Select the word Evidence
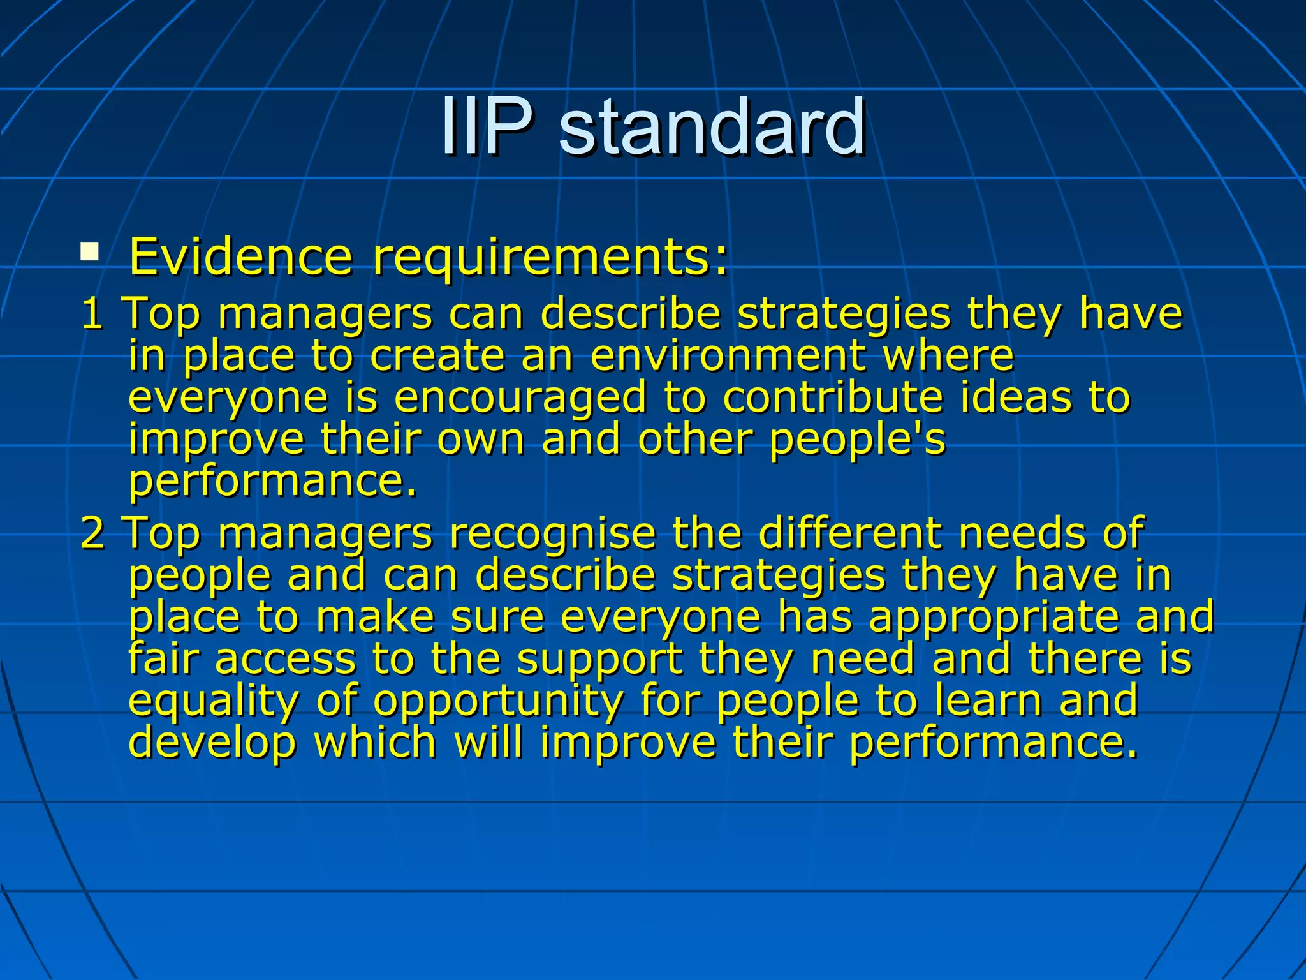[240, 256]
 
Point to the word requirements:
[550, 258]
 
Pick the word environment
[727, 355]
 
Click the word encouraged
[520, 399]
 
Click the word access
[285, 660]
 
